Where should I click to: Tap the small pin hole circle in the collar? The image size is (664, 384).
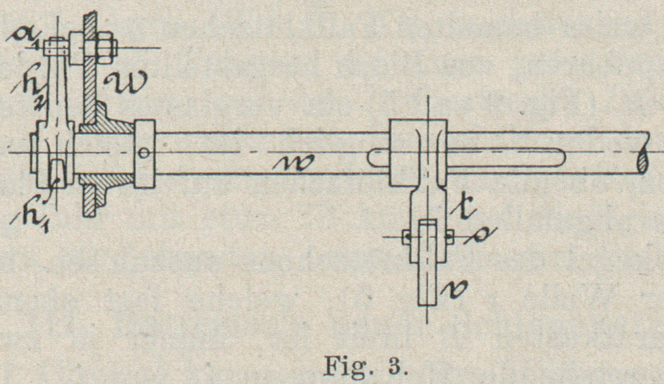click(x=144, y=153)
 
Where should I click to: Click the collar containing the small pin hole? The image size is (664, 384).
click(x=144, y=154)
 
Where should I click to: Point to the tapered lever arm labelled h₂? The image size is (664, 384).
click(x=58, y=96)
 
